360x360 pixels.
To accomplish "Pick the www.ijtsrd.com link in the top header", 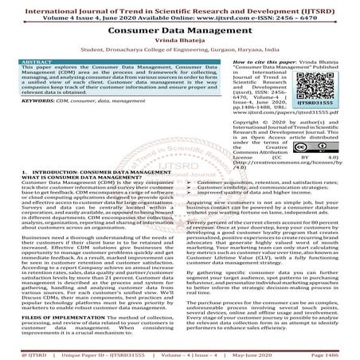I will click(x=226, y=14).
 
